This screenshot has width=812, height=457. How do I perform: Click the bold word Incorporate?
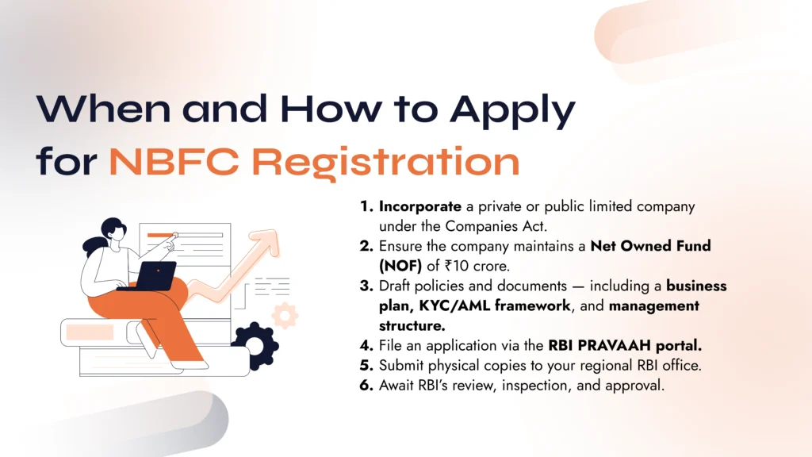419,206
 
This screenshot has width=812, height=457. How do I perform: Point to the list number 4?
366,346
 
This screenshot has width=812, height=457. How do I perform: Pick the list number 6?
366,386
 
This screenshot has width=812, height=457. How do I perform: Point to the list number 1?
366,206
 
